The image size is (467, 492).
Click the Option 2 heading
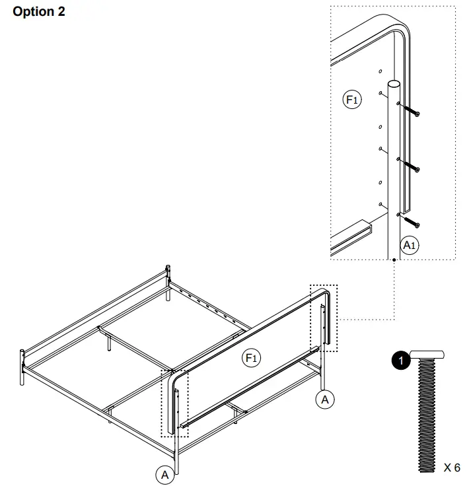click(x=39, y=13)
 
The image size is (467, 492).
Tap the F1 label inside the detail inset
click(x=352, y=100)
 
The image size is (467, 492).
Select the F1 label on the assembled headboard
click(x=251, y=358)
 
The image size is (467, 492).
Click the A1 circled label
click(x=410, y=245)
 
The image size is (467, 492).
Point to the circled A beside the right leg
click(x=324, y=399)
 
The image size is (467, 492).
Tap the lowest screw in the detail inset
click(x=410, y=220)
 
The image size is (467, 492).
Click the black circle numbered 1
click(x=398, y=361)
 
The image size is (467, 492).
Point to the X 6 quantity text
click(x=452, y=468)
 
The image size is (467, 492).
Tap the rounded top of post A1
click(x=394, y=85)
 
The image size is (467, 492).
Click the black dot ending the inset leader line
click(x=394, y=260)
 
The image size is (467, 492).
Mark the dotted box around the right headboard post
click(x=324, y=318)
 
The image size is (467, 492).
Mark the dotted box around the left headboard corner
click(x=175, y=403)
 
